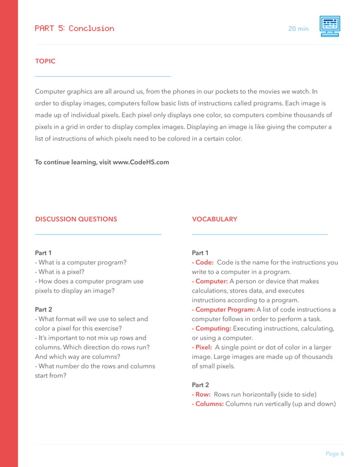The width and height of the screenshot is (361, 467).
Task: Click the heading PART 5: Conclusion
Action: point(74,28)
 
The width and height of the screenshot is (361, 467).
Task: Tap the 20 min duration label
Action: point(298,29)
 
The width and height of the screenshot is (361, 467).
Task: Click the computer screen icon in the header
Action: point(329,27)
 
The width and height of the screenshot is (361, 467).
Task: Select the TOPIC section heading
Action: point(45,61)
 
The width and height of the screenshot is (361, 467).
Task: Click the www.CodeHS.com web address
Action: point(141,162)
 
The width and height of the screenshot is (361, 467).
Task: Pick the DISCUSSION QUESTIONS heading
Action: point(76,219)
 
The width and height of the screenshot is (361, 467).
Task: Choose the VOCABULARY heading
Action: point(214,219)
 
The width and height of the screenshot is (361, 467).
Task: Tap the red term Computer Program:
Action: point(224,309)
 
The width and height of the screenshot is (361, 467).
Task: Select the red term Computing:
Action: point(212,328)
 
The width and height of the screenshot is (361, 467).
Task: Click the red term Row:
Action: point(201,394)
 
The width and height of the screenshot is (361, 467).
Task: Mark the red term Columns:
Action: point(208,404)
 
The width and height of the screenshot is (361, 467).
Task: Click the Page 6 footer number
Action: point(334,453)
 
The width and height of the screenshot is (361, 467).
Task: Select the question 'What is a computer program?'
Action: point(81,262)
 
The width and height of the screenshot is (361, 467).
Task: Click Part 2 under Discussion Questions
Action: point(44,309)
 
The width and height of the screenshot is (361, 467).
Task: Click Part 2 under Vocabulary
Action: point(200,384)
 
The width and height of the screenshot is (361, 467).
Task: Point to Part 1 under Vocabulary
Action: point(200,253)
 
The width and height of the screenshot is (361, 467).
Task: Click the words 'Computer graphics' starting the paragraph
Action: point(63,92)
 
